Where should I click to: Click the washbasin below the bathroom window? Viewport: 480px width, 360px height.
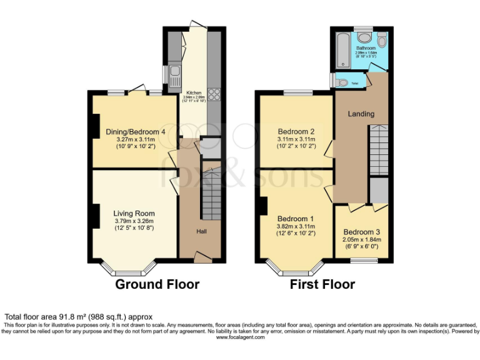[365, 39]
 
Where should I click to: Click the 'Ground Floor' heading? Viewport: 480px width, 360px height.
[157, 284]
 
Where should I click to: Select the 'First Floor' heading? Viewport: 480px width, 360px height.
[322, 284]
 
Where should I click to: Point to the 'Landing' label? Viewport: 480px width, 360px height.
[361, 114]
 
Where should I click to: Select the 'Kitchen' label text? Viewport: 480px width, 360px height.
[192, 92]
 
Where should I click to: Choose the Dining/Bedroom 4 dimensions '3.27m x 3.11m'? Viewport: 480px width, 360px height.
[135, 140]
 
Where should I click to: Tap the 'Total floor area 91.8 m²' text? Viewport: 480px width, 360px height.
[79, 317]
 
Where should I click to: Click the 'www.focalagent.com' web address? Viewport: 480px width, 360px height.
[240, 337]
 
